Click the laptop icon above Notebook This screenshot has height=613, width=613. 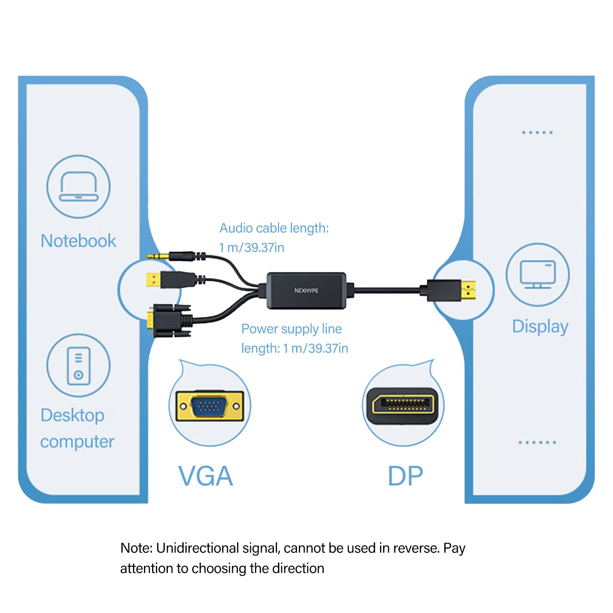(79, 187)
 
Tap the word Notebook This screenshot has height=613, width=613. (78, 241)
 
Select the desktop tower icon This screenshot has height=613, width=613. (79, 366)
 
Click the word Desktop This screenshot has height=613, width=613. (72, 415)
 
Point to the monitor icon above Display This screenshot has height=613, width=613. (538, 274)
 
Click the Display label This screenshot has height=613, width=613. (540, 326)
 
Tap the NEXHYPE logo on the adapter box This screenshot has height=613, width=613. (306, 290)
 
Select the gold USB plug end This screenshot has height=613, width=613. (153, 280)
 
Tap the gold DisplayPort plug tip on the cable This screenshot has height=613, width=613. (468, 290)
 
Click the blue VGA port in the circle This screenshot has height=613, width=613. (209, 406)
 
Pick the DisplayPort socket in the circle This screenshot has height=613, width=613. (403, 405)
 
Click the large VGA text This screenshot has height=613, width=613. (206, 476)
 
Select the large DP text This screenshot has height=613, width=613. (405, 476)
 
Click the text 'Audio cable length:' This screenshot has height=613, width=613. (274, 228)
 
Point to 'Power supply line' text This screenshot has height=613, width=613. (291, 329)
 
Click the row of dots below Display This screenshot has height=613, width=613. (537, 443)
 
